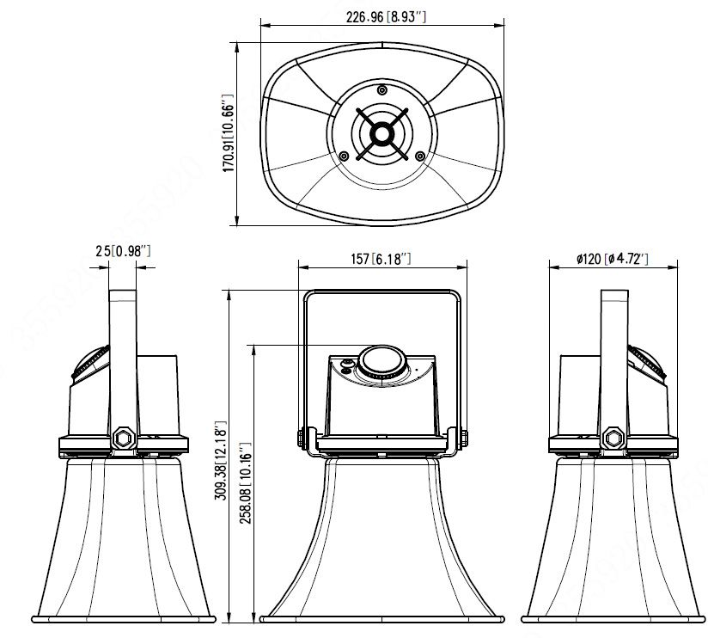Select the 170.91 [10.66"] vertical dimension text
tap(229, 133)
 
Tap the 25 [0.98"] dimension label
tap(123, 250)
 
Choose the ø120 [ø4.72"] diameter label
tap(613, 258)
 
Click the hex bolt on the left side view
tap(122, 437)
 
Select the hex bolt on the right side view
tap(613, 437)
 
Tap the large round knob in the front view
tap(381, 362)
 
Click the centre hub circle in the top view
tap(381, 133)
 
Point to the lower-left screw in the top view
tap(344, 156)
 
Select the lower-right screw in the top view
tap(419, 156)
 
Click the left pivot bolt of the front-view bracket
tap(301, 438)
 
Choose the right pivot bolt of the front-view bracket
tap(463, 438)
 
